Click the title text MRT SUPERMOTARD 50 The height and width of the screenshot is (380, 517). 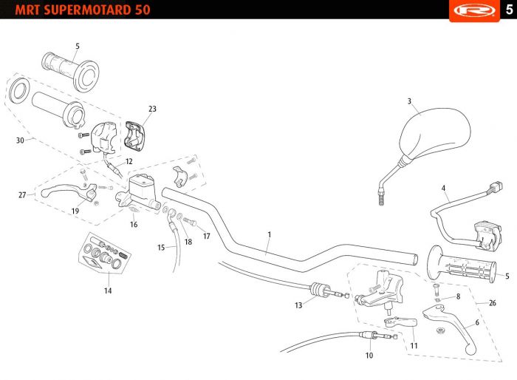(x=83, y=10)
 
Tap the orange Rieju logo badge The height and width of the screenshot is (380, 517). (x=474, y=10)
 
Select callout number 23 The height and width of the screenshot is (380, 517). (x=152, y=109)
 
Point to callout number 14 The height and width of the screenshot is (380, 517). (x=108, y=291)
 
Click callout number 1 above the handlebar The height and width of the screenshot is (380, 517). (x=270, y=234)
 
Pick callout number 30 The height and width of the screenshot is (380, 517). (x=20, y=140)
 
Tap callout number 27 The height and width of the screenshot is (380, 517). (x=22, y=194)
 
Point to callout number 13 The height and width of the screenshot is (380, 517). (x=298, y=305)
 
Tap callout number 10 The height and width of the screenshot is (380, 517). (x=369, y=356)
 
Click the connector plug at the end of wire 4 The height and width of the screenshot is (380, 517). (x=496, y=187)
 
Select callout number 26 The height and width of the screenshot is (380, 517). (x=493, y=303)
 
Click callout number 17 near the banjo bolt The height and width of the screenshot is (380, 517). (x=206, y=236)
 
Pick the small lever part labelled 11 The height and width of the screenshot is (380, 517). (x=400, y=322)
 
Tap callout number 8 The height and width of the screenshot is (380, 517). (x=458, y=296)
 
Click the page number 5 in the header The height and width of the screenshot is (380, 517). (x=509, y=10)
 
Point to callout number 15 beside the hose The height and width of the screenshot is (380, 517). (x=161, y=247)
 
